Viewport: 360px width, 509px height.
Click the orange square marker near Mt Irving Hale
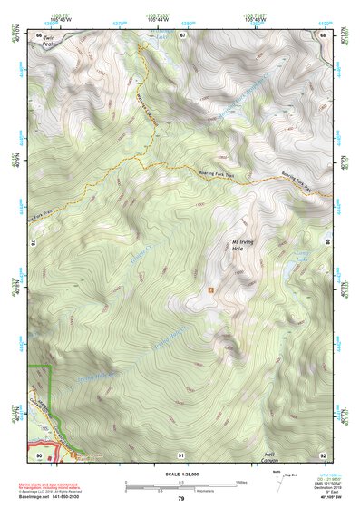pos(211,290)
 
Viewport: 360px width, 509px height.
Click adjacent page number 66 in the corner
pos(39,35)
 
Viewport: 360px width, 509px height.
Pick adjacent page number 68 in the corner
pos(323,35)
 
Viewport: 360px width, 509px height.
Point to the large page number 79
pos(181,497)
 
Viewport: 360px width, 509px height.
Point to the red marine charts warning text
pos(60,477)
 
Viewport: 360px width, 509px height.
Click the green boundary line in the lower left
pos(51,390)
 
